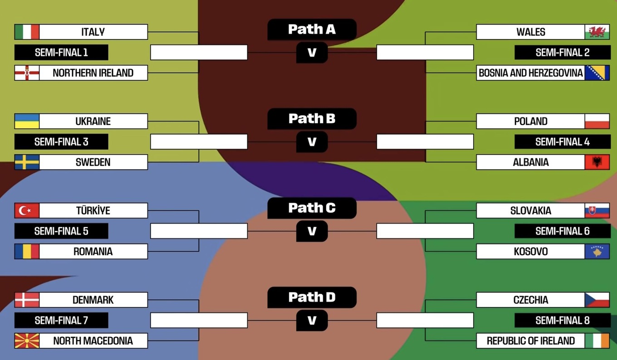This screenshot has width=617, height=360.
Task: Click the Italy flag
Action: tap(27, 32)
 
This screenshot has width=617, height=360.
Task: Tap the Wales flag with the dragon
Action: tap(597, 32)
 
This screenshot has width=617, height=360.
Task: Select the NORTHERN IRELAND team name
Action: tap(93, 73)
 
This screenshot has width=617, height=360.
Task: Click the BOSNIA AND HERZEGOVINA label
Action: tap(530, 73)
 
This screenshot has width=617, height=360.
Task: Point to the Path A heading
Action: tap(312, 29)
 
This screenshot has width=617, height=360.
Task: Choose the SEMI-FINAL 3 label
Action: tap(61, 141)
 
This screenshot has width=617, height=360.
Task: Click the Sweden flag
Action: tap(27, 162)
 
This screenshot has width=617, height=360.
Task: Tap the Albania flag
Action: tap(597, 162)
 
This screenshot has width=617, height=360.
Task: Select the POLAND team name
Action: tap(530, 121)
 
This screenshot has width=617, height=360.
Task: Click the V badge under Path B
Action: tap(312, 142)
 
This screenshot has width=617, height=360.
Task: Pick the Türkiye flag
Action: tap(27, 210)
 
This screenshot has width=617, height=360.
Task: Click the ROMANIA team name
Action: tap(93, 251)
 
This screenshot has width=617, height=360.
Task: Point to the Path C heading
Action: tap(312, 208)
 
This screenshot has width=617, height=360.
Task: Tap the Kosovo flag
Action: tap(597, 251)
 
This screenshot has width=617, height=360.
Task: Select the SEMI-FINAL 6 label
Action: tap(562, 231)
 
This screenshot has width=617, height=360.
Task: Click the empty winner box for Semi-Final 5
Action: tap(199, 231)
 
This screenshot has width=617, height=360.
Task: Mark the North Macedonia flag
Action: tap(27, 341)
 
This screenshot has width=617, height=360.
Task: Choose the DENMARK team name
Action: tap(93, 300)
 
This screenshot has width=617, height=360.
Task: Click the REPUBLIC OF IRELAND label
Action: tap(530, 341)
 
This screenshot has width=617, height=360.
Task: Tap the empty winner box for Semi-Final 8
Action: tap(425, 320)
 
